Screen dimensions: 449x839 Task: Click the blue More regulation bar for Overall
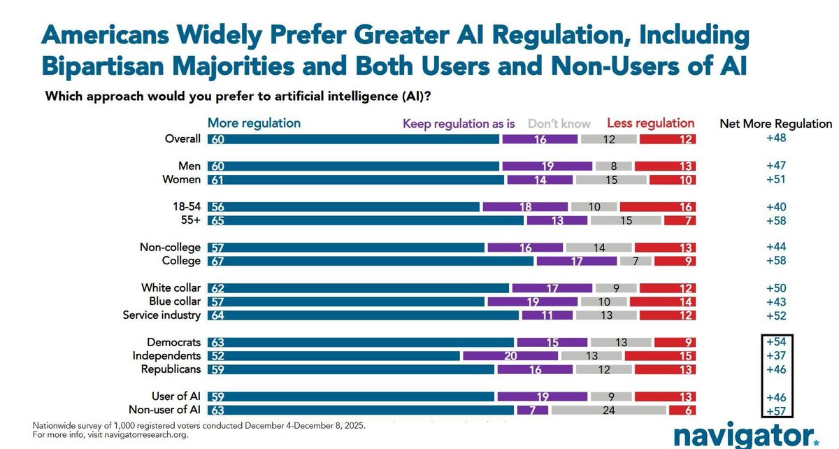(353, 138)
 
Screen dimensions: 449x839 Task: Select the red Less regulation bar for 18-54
(657, 207)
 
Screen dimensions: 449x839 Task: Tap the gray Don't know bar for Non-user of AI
(608, 411)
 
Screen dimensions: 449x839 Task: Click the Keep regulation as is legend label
(458, 124)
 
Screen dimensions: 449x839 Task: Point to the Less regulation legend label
(650, 123)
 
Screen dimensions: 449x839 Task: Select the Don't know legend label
(559, 124)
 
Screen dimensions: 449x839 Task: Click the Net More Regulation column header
(776, 124)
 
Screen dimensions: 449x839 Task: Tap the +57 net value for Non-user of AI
(776, 411)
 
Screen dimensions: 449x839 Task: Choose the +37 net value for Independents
(776, 356)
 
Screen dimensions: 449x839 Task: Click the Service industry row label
(162, 315)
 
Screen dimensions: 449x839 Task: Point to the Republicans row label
(171, 369)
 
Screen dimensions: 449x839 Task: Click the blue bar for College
(371, 261)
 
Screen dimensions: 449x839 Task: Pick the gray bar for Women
(611, 180)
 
